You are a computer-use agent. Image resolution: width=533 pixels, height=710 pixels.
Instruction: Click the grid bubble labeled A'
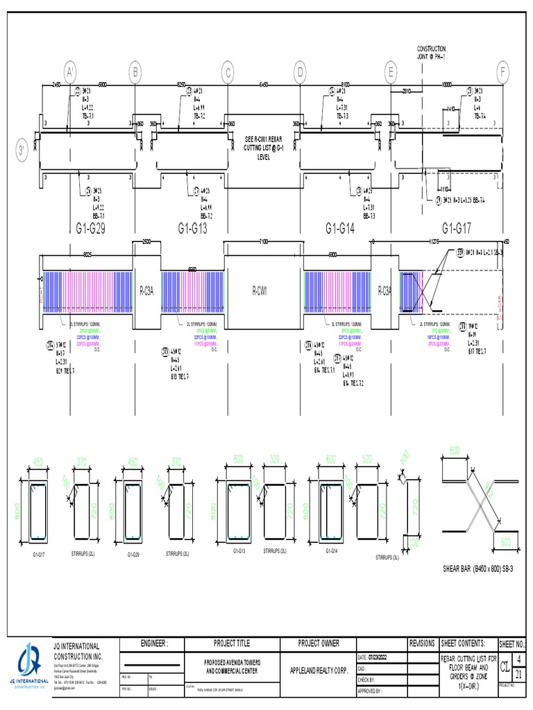[x=70, y=71]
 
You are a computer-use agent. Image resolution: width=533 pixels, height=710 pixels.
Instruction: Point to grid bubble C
[x=228, y=71]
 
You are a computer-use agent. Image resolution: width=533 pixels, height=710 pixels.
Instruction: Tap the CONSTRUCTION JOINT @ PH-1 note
[x=431, y=52]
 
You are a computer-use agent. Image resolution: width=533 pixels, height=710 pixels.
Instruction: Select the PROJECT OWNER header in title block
[x=319, y=643]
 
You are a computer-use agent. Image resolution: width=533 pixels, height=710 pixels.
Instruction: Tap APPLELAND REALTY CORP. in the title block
[x=319, y=670]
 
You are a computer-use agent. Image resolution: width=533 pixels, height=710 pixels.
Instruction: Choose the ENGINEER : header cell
[x=154, y=643]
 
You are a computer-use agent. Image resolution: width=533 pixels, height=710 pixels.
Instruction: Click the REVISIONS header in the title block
[x=422, y=643]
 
